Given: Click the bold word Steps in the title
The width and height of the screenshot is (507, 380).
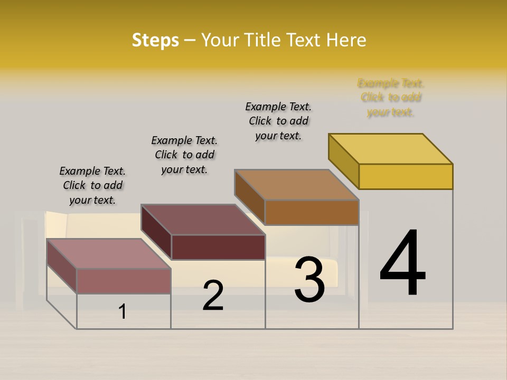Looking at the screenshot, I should tap(155, 40).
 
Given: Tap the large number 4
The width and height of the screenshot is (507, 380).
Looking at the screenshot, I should tap(402, 263).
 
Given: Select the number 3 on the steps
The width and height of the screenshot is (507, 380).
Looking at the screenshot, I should tap(309, 279).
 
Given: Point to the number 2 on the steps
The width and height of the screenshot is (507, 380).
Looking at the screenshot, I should tap(213, 296).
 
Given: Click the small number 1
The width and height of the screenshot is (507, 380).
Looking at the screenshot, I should tap(123, 311).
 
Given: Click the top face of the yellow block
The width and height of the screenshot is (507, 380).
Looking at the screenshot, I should tap(391, 149).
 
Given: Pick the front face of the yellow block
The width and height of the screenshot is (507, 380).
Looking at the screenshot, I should tap(406, 176).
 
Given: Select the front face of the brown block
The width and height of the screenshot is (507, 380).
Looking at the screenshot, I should tap(312, 212).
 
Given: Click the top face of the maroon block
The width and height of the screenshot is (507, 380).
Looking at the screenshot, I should tap(203, 220).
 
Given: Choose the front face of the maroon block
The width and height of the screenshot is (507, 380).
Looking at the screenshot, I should tap(218, 247).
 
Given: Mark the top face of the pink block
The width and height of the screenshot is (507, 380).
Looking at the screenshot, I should tap(109, 254).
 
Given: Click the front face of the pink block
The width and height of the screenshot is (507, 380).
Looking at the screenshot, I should tap(124, 281).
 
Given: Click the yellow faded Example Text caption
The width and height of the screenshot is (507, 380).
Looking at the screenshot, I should tap(391, 98).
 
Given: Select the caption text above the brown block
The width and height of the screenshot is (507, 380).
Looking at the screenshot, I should tap(278, 121).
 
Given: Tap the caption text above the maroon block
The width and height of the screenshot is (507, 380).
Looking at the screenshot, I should tap(184, 155).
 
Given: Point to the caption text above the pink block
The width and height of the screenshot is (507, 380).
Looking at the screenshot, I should tap(92, 185).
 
